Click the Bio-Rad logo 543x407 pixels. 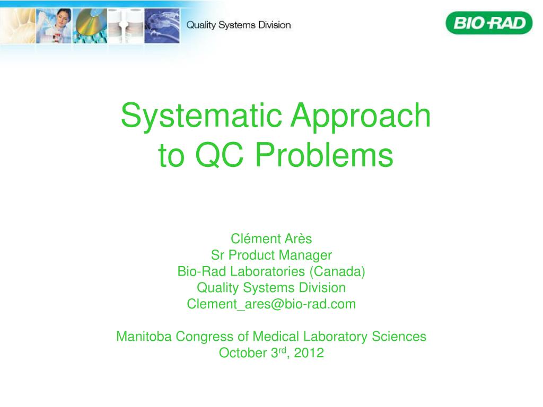(x=488, y=23)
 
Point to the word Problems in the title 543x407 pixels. (x=324, y=155)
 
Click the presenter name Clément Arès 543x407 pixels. (x=271, y=239)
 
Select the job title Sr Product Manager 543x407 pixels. (x=271, y=255)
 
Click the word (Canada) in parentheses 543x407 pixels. (x=337, y=271)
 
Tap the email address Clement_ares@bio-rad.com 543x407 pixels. (x=271, y=304)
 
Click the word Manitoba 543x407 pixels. (x=144, y=337)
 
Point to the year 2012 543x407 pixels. (x=309, y=353)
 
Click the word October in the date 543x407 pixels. (x=243, y=353)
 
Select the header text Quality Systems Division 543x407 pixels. (x=239, y=25)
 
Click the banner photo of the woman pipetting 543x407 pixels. (x=54, y=26)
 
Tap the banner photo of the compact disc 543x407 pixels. (x=90, y=26)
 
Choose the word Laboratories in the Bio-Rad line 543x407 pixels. (x=267, y=271)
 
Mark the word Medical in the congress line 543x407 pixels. (x=276, y=337)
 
